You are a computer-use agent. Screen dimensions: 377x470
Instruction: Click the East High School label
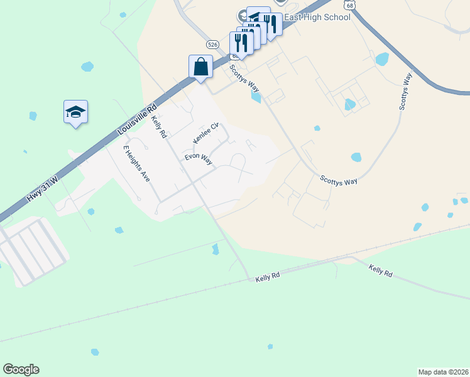coord(317,18)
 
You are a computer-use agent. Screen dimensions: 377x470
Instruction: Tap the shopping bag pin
coord(200,67)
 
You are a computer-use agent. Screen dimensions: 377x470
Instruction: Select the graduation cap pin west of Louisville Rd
coord(75,112)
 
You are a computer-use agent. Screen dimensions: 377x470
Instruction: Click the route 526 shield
coord(213,44)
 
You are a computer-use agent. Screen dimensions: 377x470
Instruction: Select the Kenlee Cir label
coord(205,133)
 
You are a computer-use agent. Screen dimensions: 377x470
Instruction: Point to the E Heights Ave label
coord(136,163)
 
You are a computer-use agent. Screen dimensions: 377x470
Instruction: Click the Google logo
coord(21,369)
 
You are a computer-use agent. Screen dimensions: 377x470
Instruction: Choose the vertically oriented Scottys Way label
coord(406,91)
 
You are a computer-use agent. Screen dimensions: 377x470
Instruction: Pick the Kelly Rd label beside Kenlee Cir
coord(158,125)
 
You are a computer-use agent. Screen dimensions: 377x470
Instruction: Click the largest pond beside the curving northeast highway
coord(381,59)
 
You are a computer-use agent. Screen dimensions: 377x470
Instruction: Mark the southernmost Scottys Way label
coord(339,180)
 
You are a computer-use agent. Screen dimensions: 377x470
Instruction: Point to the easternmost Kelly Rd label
coord(380,271)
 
